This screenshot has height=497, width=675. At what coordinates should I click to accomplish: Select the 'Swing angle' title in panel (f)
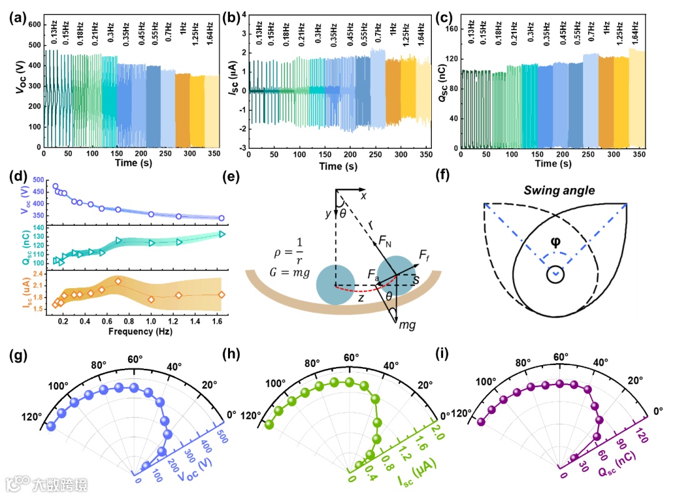point(555,189)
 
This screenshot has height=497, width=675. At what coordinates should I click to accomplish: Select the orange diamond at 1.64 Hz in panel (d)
point(221,294)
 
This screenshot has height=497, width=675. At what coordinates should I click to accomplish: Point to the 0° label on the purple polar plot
point(658,410)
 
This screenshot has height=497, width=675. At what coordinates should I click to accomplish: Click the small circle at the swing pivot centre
point(555,274)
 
